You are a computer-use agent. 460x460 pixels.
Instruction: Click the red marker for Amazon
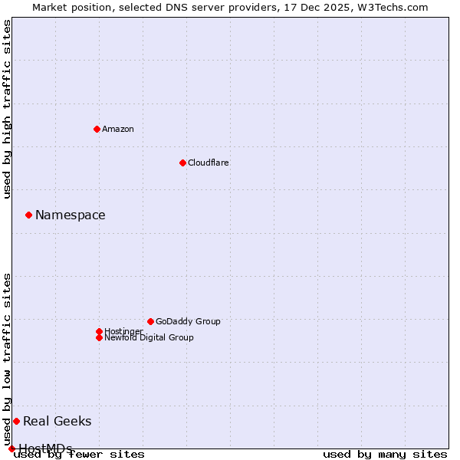pos(97,129)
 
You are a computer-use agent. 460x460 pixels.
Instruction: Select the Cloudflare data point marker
pos(182,163)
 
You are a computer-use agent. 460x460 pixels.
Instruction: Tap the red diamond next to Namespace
pos(28,215)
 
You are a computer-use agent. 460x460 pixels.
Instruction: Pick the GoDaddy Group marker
pos(150,321)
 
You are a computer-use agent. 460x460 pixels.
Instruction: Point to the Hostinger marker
pos(99,331)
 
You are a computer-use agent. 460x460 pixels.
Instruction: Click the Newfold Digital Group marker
pos(99,337)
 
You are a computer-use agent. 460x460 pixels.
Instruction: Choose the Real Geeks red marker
pos(16,421)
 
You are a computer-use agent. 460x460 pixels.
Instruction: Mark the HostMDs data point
pos(11,449)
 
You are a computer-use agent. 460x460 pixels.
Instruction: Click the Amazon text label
pos(118,129)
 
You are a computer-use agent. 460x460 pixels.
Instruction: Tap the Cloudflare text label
pos(208,163)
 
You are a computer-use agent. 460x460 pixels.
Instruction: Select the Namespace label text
pos(71,215)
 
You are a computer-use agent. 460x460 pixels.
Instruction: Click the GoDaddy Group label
pos(188,321)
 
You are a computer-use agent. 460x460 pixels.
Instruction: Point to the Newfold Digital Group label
pos(149,337)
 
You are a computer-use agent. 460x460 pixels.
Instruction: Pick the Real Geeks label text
pos(58,421)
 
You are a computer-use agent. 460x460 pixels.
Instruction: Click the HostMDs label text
pos(46,449)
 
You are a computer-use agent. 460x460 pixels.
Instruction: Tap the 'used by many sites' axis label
pos(385,454)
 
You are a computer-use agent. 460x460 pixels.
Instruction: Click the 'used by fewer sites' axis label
pos(80,454)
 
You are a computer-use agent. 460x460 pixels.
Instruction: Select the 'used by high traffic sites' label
pos(8,109)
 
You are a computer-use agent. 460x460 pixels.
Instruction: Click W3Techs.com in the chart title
pos(391,7)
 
